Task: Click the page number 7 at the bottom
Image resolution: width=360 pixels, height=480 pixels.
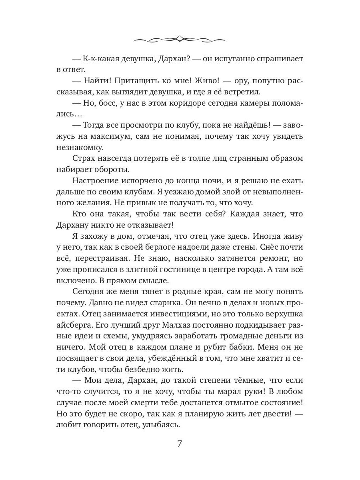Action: point(180,444)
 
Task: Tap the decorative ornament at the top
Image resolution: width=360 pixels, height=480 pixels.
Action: point(180,39)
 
